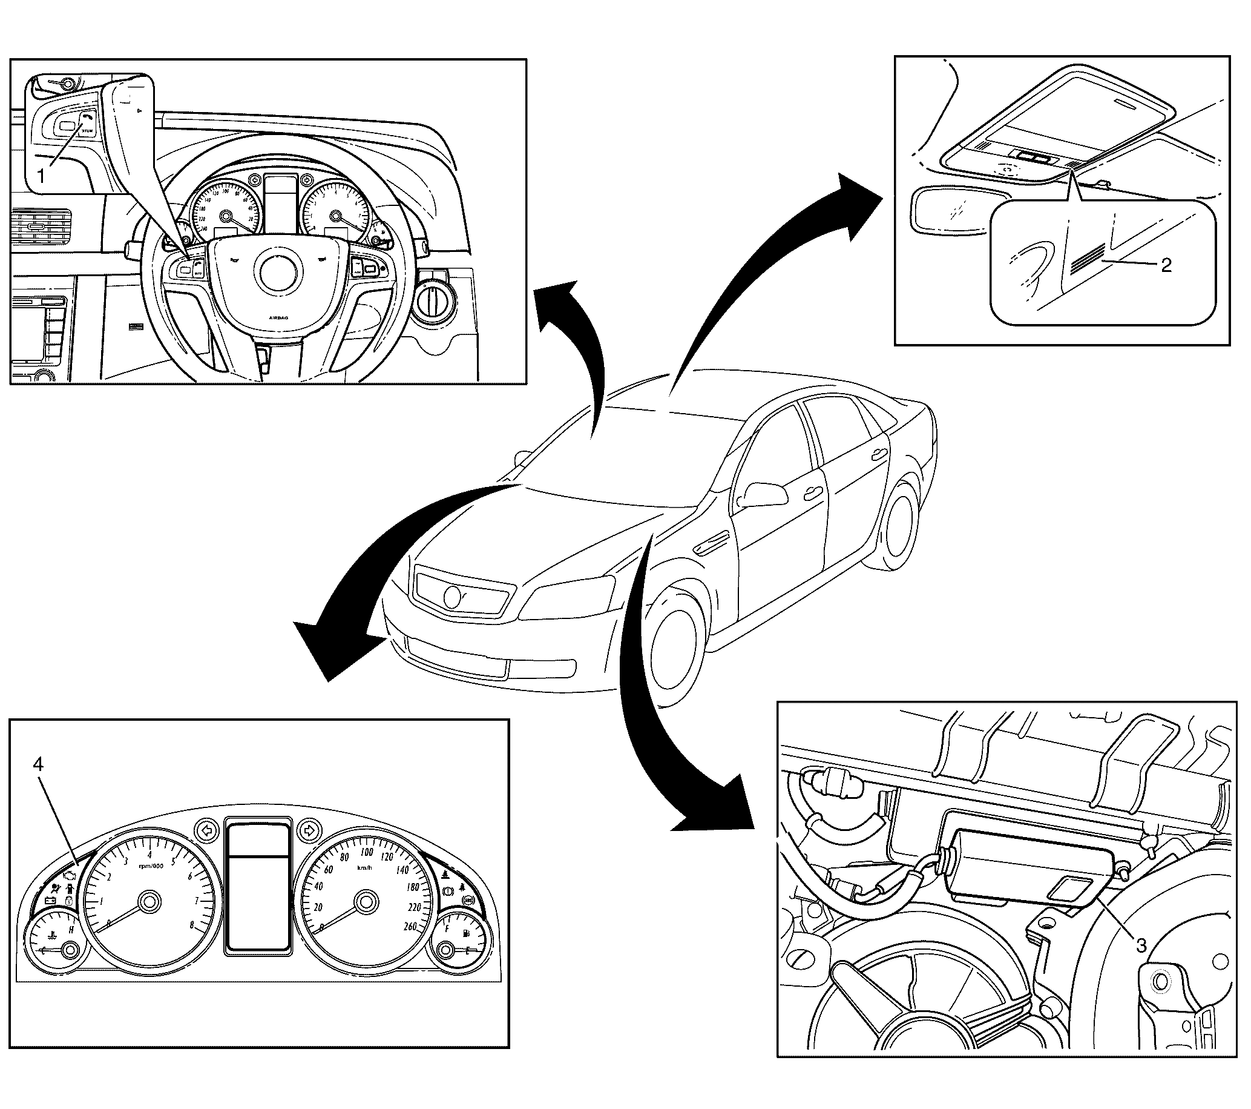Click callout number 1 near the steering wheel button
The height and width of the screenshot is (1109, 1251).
pos(41,177)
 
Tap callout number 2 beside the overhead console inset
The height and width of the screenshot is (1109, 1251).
pos(1166,266)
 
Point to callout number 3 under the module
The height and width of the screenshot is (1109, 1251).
pos(1141,945)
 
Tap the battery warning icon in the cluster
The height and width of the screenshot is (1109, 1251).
pos(50,901)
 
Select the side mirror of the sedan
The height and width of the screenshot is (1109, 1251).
pos(763,494)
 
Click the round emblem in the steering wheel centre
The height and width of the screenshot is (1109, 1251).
pos(279,272)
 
